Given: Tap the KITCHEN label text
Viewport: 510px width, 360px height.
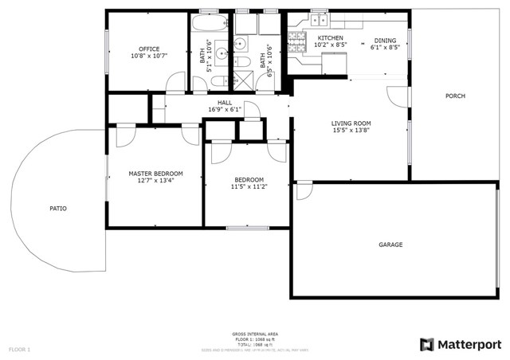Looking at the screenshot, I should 330,38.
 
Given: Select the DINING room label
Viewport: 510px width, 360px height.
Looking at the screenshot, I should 385,40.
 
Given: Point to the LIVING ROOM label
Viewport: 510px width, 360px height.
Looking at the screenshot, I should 351,123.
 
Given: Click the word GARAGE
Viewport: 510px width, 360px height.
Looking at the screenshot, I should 390,245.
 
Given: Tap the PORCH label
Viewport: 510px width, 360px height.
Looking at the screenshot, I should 456,96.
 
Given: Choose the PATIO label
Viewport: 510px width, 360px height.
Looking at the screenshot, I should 58,209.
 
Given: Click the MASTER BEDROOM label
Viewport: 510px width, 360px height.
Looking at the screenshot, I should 155,174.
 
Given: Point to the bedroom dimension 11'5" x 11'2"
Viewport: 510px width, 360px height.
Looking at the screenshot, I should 249,186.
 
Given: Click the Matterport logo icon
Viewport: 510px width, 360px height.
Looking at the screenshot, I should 427,344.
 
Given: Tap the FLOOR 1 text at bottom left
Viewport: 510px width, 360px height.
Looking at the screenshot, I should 19,349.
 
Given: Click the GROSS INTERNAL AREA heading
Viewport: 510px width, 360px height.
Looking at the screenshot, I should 255,333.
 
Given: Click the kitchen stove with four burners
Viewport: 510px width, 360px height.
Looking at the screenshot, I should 298,43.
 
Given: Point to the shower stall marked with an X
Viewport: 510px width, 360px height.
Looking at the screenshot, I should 239,80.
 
